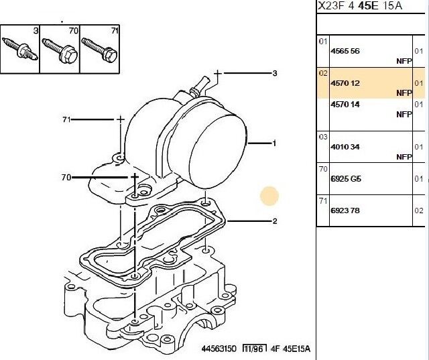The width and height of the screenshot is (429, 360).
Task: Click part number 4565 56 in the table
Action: [x=345, y=51]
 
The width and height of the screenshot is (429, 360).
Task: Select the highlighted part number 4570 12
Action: [x=345, y=83]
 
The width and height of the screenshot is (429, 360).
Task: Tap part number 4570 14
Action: [x=345, y=105]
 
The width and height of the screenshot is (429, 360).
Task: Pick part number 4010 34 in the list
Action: [x=345, y=147]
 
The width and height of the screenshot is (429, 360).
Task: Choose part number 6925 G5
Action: [x=346, y=179]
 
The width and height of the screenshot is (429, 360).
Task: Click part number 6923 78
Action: [x=345, y=211]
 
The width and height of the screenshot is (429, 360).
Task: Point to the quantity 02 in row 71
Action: [x=419, y=211]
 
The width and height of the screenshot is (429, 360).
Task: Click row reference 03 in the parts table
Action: [x=323, y=137]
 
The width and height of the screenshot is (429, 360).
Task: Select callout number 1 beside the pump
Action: [x=274, y=143]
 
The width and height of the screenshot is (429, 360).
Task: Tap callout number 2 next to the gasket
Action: [x=275, y=221]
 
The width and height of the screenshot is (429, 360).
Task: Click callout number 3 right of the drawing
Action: [x=275, y=73]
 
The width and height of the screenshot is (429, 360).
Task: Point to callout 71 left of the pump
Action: [x=66, y=119]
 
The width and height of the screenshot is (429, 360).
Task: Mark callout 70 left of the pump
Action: [x=66, y=178]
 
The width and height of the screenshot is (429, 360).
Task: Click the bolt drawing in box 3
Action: [x=19, y=50]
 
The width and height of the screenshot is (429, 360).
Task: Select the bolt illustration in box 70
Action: [x=60, y=50]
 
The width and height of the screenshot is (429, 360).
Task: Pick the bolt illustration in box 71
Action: [x=100, y=50]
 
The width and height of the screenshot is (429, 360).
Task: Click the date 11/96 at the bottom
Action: [x=255, y=349]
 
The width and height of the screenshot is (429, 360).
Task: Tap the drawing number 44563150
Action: [x=219, y=349]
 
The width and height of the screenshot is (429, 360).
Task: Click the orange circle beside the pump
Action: [x=269, y=196]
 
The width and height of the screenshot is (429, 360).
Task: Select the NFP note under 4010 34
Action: [x=404, y=157]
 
